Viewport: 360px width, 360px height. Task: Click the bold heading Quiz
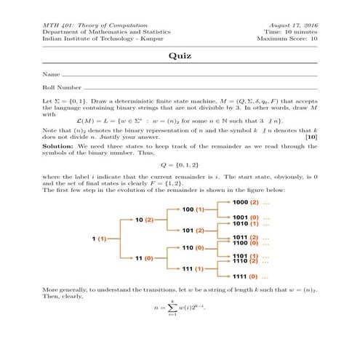(180, 56)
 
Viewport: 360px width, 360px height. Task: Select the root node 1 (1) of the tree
(99, 238)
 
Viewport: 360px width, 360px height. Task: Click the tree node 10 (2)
(144, 219)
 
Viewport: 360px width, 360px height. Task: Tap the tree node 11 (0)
(144, 257)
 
